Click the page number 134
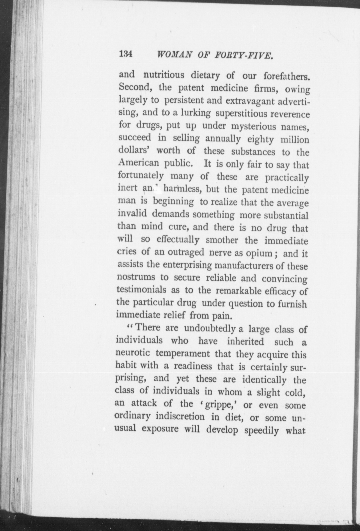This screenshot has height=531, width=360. [126, 54]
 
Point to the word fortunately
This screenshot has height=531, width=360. [141, 175]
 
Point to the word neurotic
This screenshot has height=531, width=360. [133, 353]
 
